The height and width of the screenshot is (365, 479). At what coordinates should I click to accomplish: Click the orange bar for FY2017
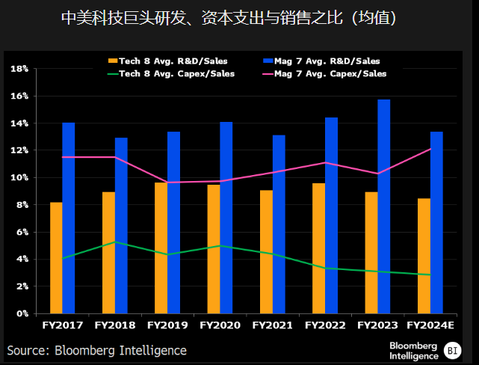(x=56, y=258)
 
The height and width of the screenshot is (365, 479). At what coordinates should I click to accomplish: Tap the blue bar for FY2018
(x=121, y=225)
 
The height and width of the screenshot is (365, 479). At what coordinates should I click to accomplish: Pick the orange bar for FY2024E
(x=424, y=256)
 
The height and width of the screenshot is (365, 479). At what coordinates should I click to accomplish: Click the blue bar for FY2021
(x=279, y=224)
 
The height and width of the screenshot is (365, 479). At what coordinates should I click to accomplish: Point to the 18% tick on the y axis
(x=19, y=69)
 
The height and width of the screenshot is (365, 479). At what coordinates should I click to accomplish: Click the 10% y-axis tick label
(x=19, y=178)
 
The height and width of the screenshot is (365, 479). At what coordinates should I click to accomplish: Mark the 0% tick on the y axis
(x=22, y=313)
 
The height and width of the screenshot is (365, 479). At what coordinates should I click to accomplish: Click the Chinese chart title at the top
(x=239, y=16)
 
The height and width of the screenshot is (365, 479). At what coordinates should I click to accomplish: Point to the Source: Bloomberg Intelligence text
(x=97, y=350)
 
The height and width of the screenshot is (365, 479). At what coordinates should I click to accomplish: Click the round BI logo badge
(x=452, y=349)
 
